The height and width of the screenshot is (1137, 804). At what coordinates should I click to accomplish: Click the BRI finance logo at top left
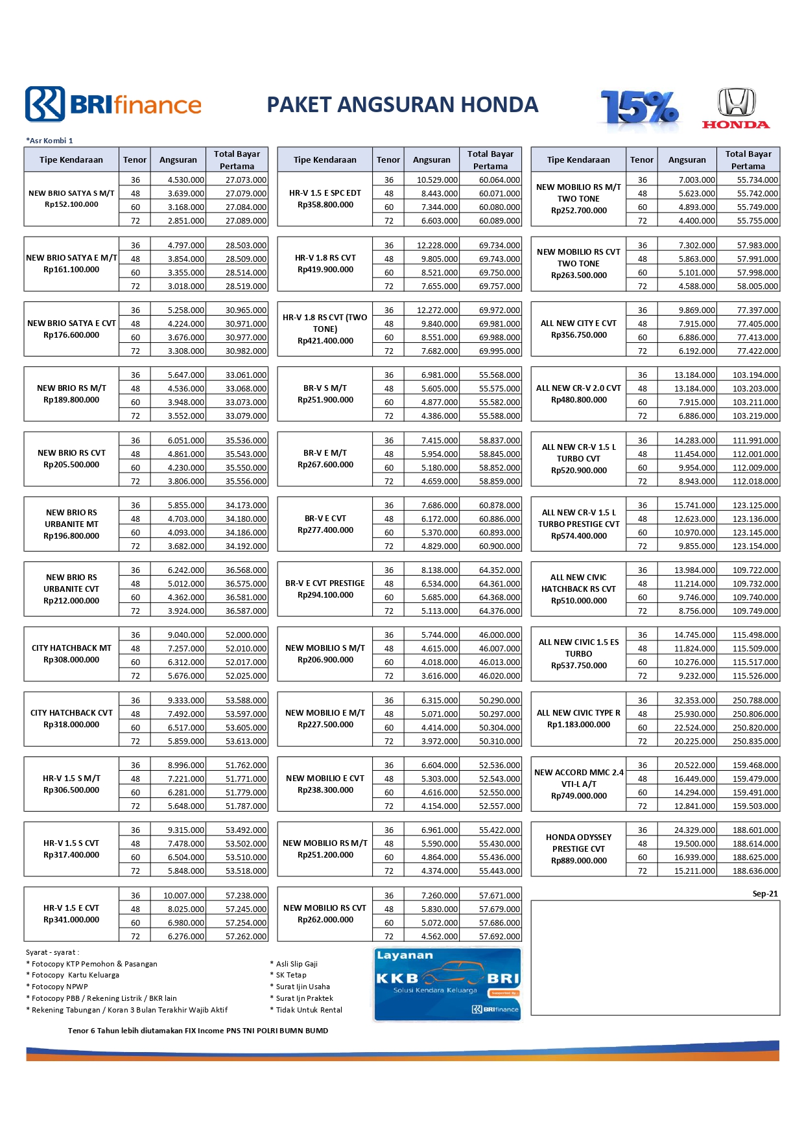[113, 104]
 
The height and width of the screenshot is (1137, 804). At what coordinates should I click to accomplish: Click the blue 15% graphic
[639, 107]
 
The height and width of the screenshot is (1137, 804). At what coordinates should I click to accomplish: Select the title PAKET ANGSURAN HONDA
[403, 104]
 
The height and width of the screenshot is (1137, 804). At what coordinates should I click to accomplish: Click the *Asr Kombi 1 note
[49, 141]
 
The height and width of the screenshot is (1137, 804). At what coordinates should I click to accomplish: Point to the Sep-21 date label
[765, 894]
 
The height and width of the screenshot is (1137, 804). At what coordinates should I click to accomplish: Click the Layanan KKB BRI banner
[447, 984]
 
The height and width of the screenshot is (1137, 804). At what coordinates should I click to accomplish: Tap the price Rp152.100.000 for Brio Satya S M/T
[71, 205]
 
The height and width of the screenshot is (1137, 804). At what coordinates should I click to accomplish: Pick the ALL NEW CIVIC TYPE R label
[578, 713]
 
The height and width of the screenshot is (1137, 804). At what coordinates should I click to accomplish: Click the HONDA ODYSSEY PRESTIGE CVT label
[578, 843]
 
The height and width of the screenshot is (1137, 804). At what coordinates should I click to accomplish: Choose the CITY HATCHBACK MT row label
[71, 648]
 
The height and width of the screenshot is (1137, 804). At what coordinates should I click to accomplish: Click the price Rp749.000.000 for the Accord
[578, 796]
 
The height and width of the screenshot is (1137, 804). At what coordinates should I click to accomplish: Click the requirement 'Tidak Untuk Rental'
[309, 1010]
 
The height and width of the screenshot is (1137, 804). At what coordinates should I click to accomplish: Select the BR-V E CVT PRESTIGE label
[325, 583]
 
